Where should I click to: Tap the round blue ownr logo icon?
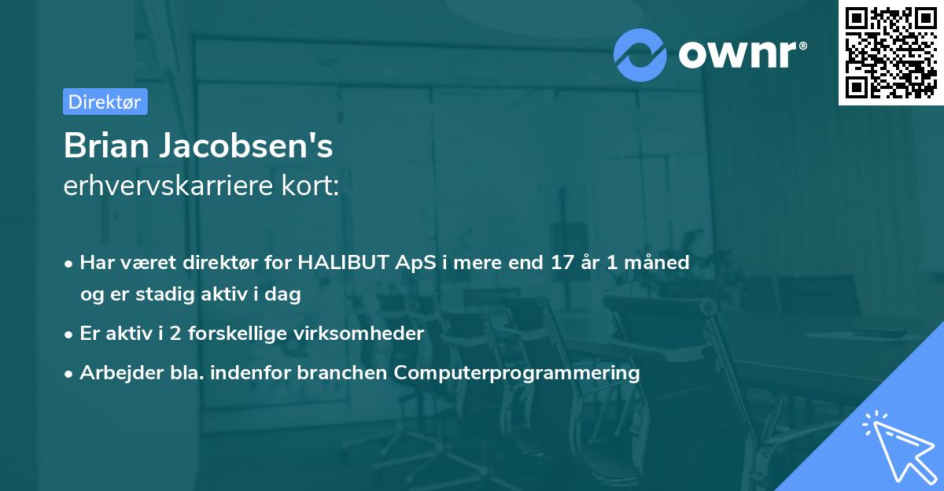pyautogui.click(x=640, y=55)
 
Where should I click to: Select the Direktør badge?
pyautogui.click(x=105, y=102)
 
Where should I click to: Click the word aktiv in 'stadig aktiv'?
pyautogui.click(x=225, y=294)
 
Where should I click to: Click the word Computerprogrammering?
pyautogui.click(x=517, y=373)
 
